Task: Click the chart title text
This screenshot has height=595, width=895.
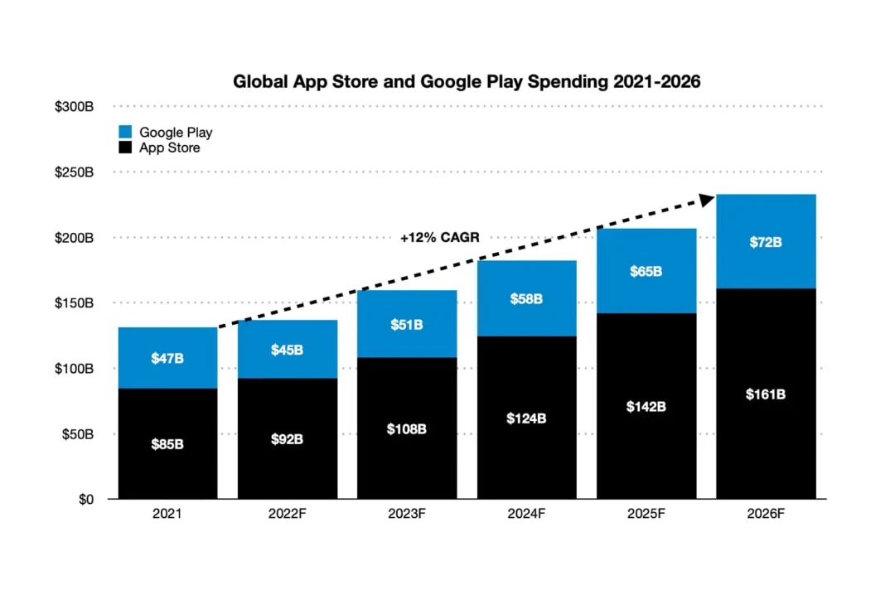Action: [467, 81]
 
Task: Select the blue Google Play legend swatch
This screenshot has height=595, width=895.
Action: [125, 133]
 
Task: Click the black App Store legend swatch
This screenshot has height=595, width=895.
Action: [125, 148]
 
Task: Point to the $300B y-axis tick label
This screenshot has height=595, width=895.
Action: [75, 107]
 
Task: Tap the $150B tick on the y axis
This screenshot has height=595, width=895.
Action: [75, 303]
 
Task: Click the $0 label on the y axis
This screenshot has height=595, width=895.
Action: [85, 500]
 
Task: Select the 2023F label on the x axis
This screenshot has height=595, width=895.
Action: [407, 514]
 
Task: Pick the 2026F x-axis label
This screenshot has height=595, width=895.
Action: [766, 514]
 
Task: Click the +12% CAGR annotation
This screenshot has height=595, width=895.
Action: [439, 238]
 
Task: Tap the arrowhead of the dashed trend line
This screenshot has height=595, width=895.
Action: [706, 199]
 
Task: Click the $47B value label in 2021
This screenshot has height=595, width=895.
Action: [167, 358]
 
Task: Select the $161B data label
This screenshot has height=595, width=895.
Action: [766, 394]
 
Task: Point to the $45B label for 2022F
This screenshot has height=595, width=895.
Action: [287, 350]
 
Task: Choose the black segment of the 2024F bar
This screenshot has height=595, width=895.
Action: [527, 447]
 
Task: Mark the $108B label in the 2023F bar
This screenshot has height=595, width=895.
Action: [407, 428]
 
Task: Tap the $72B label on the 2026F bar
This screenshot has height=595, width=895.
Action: [766, 243]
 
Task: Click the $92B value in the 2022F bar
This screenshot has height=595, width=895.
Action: [287, 439]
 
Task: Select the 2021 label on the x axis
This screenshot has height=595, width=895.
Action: [167, 514]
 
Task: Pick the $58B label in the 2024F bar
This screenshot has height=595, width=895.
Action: [527, 298]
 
